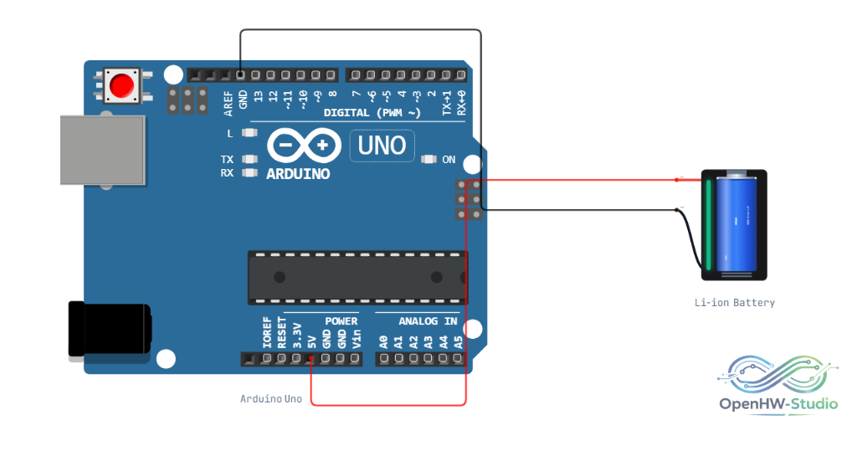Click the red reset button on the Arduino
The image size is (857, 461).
[x=121, y=85]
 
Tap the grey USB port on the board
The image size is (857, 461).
[x=103, y=151]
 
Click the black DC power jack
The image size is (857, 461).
[x=110, y=329]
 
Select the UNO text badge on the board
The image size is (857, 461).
[x=382, y=146]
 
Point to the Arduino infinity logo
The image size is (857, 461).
[x=304, y=146]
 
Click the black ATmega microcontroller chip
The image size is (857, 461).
[x=358, y=278]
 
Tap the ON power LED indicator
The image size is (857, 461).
[x=428, y=160]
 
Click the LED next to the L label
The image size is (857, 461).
[x=249, y=133]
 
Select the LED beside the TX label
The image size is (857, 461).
[x=249, y=159]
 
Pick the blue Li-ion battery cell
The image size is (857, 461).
[x=736, y=224]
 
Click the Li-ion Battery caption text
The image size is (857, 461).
[x=735, y=303]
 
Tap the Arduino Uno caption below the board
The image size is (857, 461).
[x=271, y=399]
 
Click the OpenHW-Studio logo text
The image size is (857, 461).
[x=778, y=404]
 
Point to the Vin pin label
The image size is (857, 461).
[x=357, y=339]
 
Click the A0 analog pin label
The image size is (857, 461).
[x=383, y=342]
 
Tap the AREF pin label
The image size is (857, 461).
[x=228, y=104]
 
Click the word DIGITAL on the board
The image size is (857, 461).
[x=346, y=113]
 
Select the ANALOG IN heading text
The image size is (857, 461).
[x=428, y=321]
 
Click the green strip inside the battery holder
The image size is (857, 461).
[x=708, y=225]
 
